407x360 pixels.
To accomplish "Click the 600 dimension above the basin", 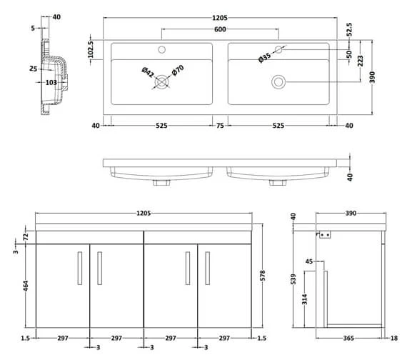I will click(x=220, y=29).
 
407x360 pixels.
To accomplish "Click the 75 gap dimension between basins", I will click(x=220, y=126).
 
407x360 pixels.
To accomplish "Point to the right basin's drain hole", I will click(x=277, y=82).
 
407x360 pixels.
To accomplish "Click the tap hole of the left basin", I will click(x=161, y=50).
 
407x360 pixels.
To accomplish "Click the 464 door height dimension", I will click(x=26, y=286).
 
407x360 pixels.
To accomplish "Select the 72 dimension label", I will click(x=26, y=236).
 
